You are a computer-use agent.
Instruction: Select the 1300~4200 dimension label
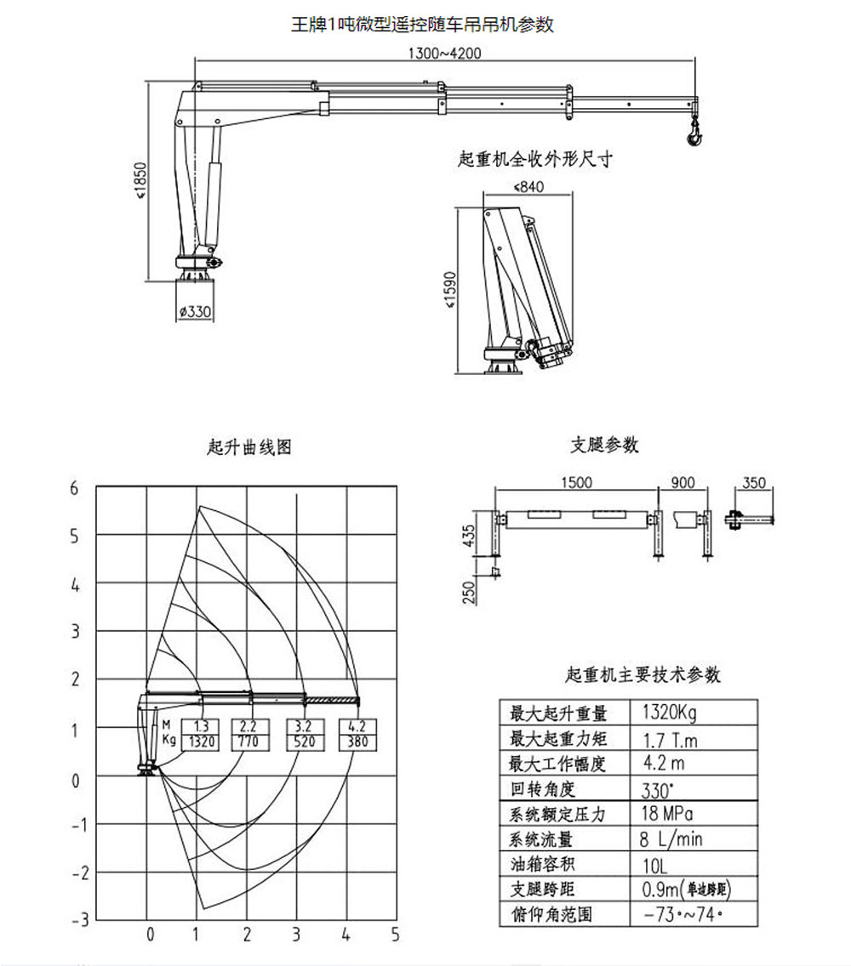444,53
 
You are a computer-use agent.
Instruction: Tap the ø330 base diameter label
195,312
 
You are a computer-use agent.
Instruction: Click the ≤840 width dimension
528,186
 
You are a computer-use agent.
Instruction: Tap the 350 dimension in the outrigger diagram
753,483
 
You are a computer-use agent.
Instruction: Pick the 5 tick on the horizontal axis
395,935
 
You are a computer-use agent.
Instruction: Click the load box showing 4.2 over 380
357,734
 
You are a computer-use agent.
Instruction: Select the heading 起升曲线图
249,447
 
